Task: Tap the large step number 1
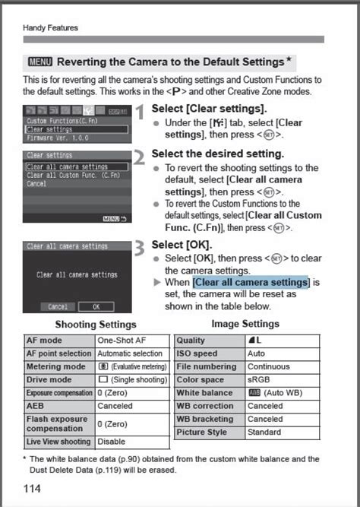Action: pos(140,113)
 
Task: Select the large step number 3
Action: pos(140,250)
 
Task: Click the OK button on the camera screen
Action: pos(96,306)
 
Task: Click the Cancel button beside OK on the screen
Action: pos(58,306)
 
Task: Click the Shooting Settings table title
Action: pos(96,325)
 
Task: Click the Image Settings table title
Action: pos(245,324)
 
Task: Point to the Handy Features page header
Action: pos(50,28)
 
